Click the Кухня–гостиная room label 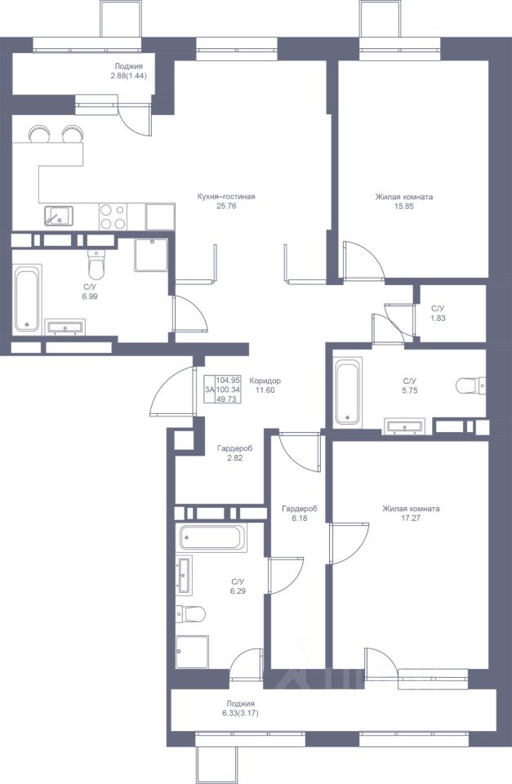point(226,197)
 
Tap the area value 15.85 point(404,206)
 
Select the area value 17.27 point(411,518)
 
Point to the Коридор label point(265,381)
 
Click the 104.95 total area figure point(229,381)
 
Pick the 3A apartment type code point(210,390)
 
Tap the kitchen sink point(59,216)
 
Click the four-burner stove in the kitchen point(113,216)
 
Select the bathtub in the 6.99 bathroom point(27,300)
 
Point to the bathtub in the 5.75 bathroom point(348,391)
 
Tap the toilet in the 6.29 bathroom point(190,613)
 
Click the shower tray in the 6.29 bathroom point(192,652)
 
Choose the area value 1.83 point(438,318)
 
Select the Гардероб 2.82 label point(234,452)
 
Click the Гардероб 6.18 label point(300,514)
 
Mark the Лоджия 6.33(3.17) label point(240,708)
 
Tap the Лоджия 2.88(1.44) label point(128,71)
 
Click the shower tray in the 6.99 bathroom point(151,255)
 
